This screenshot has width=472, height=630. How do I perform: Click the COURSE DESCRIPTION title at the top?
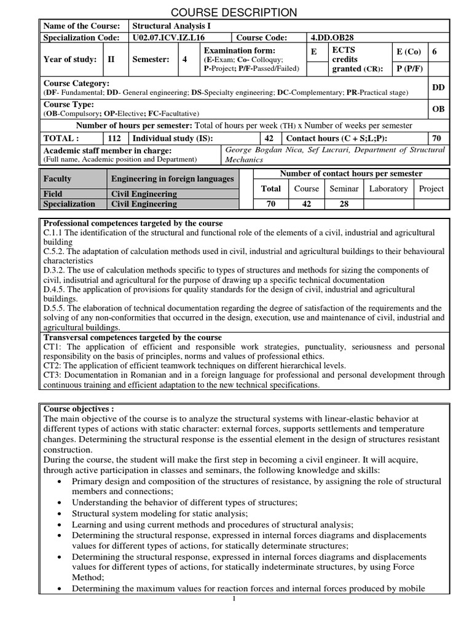[234, 12]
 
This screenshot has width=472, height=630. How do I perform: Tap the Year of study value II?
[111, 60]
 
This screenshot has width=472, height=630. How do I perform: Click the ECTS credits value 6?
[435, 52]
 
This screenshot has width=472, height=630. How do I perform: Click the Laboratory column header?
[388, 189]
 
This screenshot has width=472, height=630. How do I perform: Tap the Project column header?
[431, 189]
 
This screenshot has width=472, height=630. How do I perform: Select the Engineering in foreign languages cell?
[172, 179]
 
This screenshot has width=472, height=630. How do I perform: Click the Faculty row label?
[57, 179]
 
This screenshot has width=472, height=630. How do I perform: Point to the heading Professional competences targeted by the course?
[133, 223]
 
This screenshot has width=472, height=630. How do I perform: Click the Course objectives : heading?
[79, 409]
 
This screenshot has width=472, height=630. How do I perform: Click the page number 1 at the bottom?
[234, 600]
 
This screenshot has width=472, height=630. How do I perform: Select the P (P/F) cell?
[409, 69]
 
